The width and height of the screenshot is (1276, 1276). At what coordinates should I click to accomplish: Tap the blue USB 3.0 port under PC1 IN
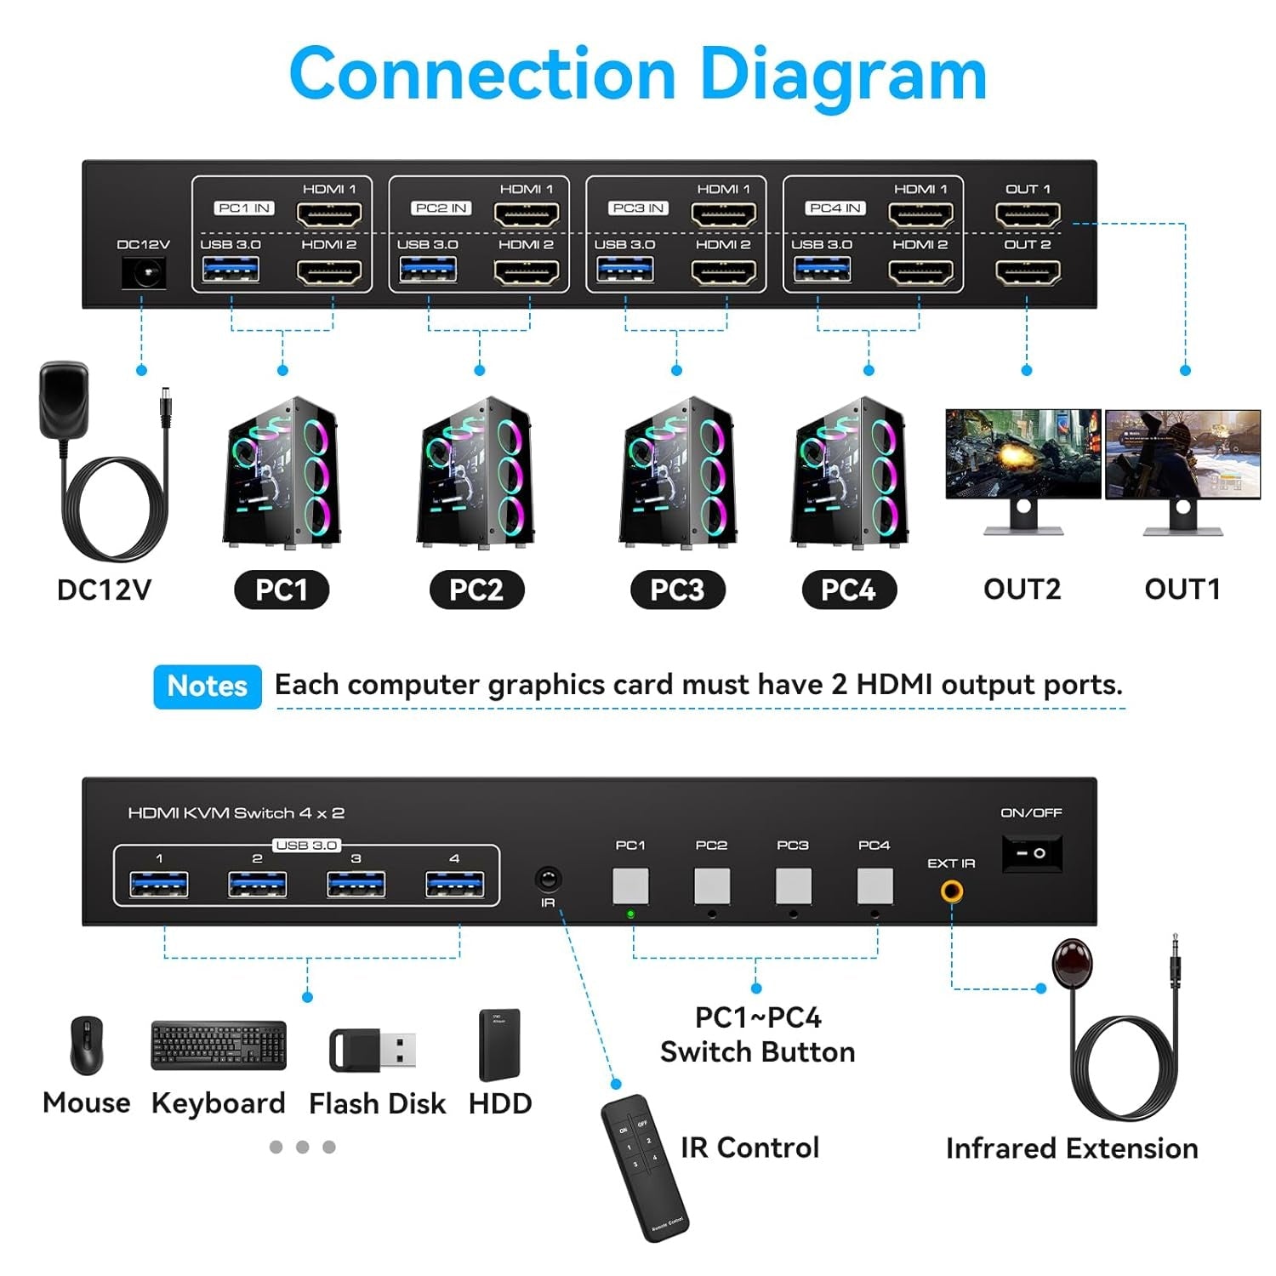pos(231,271)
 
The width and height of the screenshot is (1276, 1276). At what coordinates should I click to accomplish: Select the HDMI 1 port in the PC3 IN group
pos(723,214)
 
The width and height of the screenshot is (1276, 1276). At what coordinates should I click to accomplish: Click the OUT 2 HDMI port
pos(1028,272)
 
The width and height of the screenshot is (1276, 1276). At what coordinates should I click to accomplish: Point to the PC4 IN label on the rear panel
pos(835,208)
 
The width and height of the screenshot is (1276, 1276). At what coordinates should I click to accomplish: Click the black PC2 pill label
pos(476,590)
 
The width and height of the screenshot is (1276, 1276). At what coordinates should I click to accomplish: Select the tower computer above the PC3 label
pos(677,473)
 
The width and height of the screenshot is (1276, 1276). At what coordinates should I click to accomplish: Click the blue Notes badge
pos(207,686)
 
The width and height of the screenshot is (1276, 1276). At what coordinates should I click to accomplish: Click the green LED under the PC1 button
pos(630,914)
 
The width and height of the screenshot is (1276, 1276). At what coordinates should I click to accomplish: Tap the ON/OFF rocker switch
pos(1032,852)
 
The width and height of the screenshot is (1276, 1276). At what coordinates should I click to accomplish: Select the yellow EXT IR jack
pos(951,891)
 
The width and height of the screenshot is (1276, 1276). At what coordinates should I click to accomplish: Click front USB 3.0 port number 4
pos(454,885)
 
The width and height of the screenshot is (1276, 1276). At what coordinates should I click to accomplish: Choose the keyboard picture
pos(219,1045)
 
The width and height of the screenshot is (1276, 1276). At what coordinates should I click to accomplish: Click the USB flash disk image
pos(373,1050)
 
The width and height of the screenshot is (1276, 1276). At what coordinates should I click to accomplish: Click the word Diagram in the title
pos(842,75)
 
